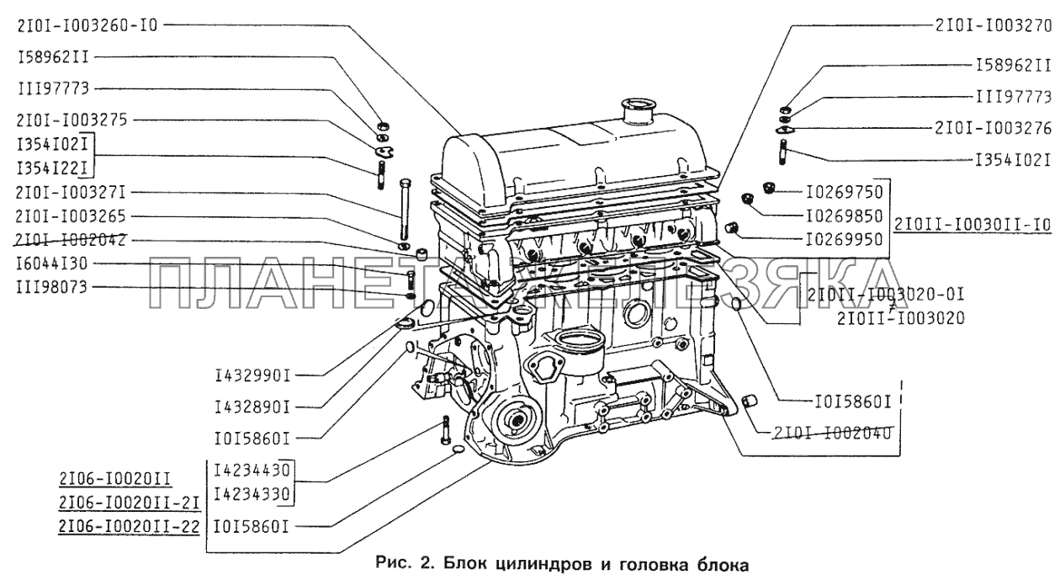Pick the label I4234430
pyautogui.click(x=250, y=470)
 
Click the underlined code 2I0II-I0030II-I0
pyautogui.click(x=973, y=225)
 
